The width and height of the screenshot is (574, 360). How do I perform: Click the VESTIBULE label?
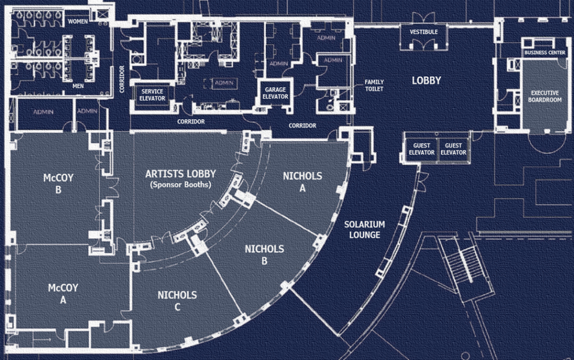(424, 32)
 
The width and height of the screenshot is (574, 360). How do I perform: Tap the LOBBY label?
(426, 81)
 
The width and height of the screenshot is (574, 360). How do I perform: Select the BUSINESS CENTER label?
(545, 53)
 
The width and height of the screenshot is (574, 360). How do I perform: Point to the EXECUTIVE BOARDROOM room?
(545, 96)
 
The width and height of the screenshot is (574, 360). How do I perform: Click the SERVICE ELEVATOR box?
(152, 95)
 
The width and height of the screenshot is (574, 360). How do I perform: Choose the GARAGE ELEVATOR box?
(275, 93)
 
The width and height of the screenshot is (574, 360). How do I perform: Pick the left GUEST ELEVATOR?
(422, 149)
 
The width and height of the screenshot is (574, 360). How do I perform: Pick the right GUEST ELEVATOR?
(453, 149)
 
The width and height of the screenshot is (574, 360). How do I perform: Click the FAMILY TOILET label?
(374, 85)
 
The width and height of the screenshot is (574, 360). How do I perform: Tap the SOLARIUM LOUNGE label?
(364, 229)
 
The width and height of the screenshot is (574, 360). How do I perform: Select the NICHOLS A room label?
(302, 182)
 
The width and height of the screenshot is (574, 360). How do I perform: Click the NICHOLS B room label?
(265, 255)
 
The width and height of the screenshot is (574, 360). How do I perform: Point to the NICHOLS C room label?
(177, 301)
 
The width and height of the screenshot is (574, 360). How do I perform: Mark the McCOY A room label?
(63, 294)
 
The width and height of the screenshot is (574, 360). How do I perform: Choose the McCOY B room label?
(58, 183)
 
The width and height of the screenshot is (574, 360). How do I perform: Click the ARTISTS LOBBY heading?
(180, 174)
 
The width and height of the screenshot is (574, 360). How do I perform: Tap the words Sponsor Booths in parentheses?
(181, 184)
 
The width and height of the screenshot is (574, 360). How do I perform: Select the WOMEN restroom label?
(77, 22)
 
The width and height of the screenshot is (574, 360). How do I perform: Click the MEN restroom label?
(78, 86)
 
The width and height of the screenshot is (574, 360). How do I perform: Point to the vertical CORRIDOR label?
(122, 79)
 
